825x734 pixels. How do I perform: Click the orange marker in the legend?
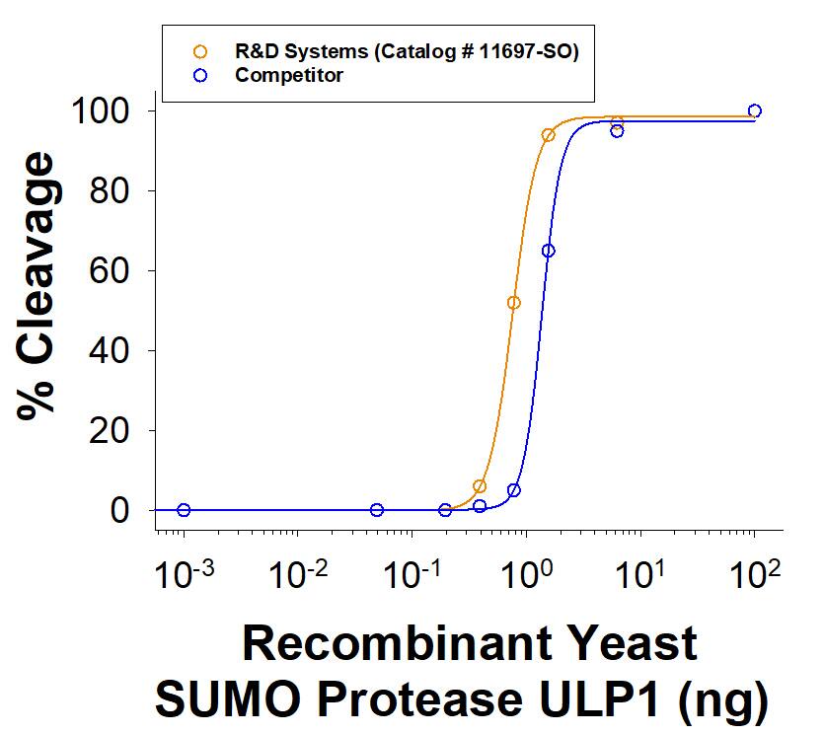(201, 52)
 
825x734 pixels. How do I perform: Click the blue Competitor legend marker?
(201, 75)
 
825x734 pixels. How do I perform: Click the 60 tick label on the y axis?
(113, 270)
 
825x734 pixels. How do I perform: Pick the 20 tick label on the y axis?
(113, 430)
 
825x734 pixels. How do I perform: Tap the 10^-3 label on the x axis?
(182, 575)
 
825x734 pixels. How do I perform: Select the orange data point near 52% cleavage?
(513, 303)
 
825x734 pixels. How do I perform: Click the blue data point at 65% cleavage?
(549, 251)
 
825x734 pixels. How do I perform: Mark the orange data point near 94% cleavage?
(549, 135)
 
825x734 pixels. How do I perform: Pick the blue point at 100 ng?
(755, 110)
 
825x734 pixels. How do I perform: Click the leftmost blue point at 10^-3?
(184, 510)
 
